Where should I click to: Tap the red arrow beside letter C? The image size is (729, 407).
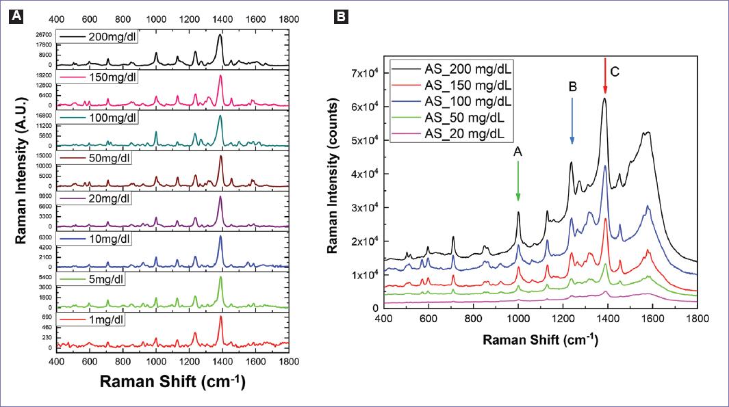point(604,76)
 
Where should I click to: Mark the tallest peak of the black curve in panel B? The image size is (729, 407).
point(604,99)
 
